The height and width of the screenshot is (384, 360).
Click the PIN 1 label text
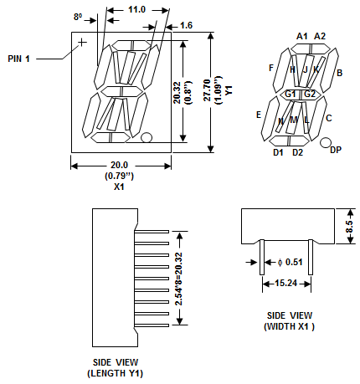[x=18, y=59]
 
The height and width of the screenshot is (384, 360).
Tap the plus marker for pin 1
[x=82, y=43]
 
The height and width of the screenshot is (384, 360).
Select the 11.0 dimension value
[x=136, y=10]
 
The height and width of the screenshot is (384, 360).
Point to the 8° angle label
[x=78, y=17]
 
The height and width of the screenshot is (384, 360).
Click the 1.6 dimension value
[x=186, y=25]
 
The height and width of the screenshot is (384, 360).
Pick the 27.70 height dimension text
[x=207, y=90]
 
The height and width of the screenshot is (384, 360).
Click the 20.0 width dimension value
[x=119, y=165]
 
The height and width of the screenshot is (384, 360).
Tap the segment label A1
[x=302, y=36]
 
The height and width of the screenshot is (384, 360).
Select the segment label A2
[x=320, y=36]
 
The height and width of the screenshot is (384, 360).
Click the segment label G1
[x=291, y=94]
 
